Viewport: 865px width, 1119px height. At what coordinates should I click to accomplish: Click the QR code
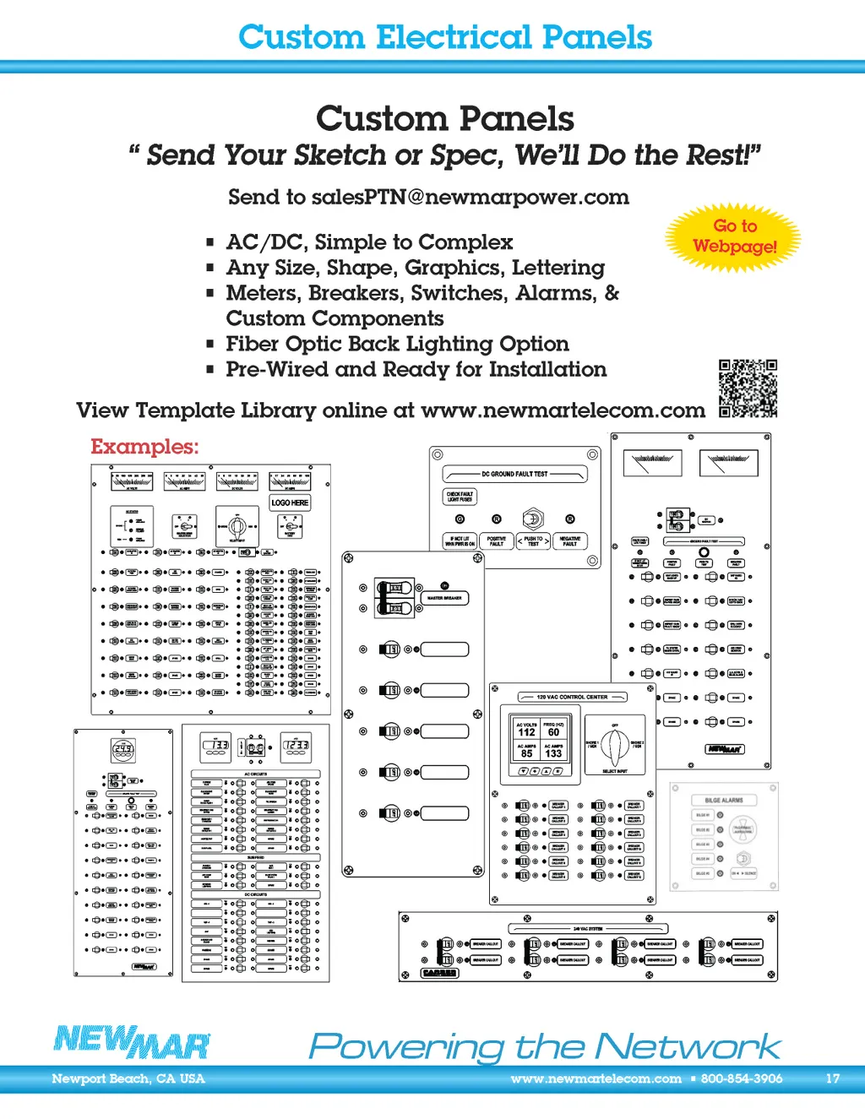click(748, 388)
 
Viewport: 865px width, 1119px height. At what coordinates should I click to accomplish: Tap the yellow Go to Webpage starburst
click(734, 236)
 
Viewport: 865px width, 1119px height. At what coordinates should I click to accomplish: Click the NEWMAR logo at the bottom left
click(132, 1043)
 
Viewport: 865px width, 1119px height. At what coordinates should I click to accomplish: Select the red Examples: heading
click(144, 447)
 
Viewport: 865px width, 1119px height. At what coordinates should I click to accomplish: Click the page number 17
click(833, 1078)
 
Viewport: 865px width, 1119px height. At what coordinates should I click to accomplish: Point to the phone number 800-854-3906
click(741, 1078)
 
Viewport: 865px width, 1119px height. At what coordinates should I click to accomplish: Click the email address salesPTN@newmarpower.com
click(471, 198)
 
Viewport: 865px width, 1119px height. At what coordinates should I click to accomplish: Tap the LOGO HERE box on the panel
click(290, 502)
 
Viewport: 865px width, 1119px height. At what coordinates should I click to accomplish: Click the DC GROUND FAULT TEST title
click(514, 475)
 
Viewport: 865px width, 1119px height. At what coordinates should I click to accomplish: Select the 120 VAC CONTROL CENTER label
click(572, 698)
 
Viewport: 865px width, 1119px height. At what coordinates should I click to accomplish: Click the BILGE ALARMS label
click(724, 800)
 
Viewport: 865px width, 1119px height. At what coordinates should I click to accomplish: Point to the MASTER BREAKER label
click(444, 598)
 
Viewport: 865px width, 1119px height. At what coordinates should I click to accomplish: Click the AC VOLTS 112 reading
click(526, 730)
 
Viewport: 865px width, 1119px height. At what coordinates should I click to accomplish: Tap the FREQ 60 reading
click(553, 730)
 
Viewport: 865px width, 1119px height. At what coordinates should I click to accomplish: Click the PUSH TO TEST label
click(533, 541)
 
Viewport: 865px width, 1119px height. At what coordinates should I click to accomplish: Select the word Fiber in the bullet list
click(252, 345)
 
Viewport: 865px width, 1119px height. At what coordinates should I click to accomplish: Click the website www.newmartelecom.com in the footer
click(596, 1078)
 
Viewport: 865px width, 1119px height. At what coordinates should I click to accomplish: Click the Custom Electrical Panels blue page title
click(445, 37)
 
